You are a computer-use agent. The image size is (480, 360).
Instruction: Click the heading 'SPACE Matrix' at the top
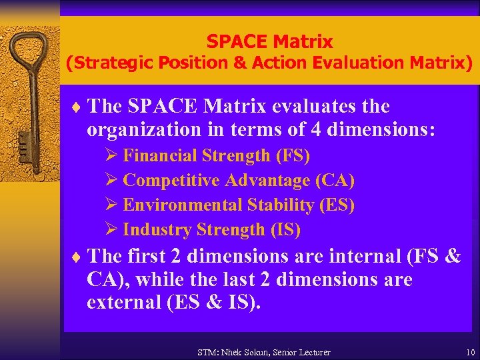269,41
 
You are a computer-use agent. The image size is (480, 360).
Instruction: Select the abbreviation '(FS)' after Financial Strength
293,156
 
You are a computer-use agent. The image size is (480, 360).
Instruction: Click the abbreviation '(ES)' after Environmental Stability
337,205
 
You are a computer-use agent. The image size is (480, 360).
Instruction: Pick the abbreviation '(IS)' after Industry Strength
285,230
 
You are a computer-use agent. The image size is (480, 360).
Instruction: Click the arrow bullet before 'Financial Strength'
112,156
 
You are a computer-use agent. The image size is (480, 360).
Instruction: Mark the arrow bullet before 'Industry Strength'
112,230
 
